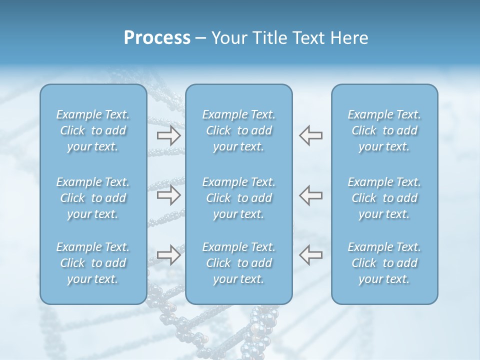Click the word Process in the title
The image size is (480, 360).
[157, 38]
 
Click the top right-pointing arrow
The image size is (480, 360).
[168, 135]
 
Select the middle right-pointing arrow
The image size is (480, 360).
[168, 195]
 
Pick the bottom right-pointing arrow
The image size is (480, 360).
[168, 254]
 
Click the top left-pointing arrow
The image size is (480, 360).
[311, 135]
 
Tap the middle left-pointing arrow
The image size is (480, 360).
[311, 195]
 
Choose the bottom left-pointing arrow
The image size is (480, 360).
[311, 254]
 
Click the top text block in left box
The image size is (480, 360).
[93, 130]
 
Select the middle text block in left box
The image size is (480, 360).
[93, 198]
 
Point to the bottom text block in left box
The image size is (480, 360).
[93, 263]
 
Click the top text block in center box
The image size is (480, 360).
[239, 130]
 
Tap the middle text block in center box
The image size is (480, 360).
[239, 198]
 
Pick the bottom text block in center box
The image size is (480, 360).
[239, 263]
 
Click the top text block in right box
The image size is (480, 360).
[384, 130]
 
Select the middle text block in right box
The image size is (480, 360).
[384, 198]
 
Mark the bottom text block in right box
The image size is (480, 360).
[384, 263]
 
